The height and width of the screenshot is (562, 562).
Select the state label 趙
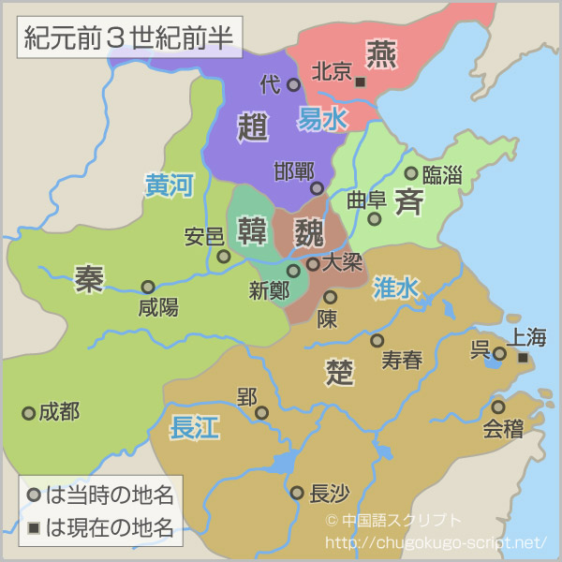click(x=253, y=126)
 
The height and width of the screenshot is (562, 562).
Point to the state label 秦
click(x=90, y=278)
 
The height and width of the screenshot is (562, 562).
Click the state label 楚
click(x=340, y=371)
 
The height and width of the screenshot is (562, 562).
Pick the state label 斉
click(x=409, y=200)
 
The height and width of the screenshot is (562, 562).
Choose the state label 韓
click(x=253, y=229)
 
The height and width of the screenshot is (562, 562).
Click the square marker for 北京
click(x=361, y=82)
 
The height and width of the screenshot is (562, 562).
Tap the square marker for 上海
click(x=523, y=358)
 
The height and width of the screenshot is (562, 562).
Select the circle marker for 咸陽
click(x=148, y=287)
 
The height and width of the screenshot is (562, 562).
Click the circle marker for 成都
click(x=29, y=412)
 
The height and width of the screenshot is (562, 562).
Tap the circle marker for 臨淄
click(x=410, y=173)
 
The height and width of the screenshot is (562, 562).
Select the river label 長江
click(x=194, y=429)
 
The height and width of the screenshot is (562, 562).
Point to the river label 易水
click(x=322, y=118)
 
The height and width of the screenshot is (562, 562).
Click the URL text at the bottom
click(x=435, y=542)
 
